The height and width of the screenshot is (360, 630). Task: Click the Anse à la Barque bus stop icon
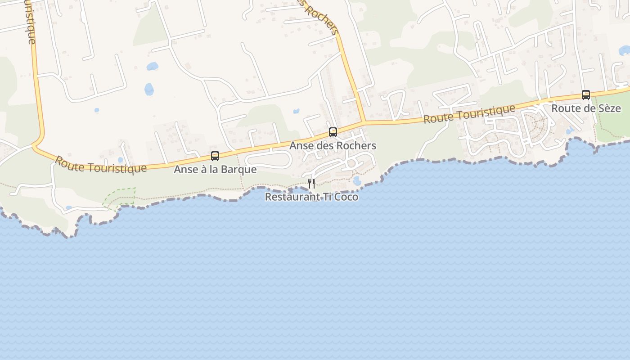[215, 156]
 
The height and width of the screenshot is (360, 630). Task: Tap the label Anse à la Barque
[215, 170]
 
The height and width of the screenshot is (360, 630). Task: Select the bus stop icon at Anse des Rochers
[333, 132]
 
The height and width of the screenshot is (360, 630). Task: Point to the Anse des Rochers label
[333, 146]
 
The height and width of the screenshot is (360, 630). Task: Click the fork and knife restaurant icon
[311, 183]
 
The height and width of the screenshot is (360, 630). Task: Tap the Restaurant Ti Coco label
[311, 197]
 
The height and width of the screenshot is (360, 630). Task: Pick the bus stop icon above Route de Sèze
[585, 94]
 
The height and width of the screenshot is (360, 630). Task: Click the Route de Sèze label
[586, 108]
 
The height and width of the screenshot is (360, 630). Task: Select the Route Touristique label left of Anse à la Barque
[101, 165]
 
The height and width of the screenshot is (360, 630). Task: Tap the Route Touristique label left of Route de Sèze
[469, 114]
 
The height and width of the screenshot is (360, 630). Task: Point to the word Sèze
[609, 108]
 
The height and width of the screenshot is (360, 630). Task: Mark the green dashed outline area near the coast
[121, 197]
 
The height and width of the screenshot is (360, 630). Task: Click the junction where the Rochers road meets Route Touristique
[364, 122]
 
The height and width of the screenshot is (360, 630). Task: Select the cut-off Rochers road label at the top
[320, 17]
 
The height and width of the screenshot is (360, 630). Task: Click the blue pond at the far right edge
[625, 50]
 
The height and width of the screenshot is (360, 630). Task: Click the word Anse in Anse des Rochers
[299, 146]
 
